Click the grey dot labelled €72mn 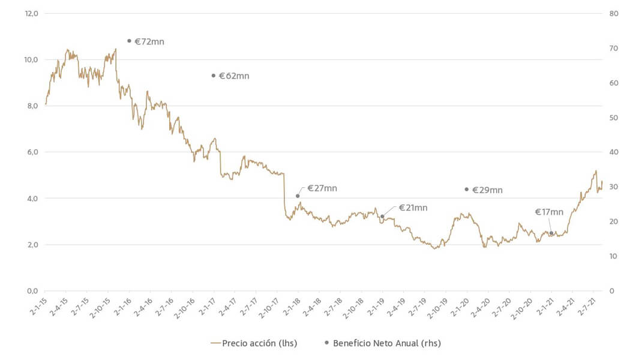click(129, 41)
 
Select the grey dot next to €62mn click(214, 76)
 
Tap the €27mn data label click(322, 188)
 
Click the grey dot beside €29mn click(466, 190)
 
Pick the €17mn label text click(549, 212)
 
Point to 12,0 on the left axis click(31, 13)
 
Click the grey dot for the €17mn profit click(551, 233)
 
